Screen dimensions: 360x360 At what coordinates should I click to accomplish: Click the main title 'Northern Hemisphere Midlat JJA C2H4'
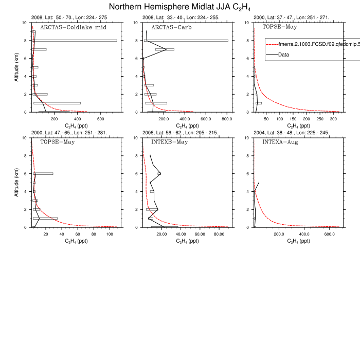[x=180, y=7]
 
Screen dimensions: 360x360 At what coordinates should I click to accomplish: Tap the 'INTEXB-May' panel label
[x=169, y=142]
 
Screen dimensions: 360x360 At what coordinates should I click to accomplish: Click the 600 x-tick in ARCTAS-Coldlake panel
[x=100, y=118]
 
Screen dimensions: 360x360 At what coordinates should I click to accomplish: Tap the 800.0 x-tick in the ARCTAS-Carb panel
[x=227, y=118]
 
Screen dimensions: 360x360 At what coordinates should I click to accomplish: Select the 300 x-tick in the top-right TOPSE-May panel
[x=333, y=118]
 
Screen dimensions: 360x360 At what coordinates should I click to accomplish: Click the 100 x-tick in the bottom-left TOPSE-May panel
[x=110, y=233]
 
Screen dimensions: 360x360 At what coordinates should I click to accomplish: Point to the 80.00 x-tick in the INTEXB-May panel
[x=219, y=233]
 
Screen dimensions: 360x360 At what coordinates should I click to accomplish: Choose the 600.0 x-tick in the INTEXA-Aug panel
[x=330, y=233]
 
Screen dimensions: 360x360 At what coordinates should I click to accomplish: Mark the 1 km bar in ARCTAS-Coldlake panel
[x=57, y=103]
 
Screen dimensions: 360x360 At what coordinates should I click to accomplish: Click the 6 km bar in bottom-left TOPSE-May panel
[x=43, y=173]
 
